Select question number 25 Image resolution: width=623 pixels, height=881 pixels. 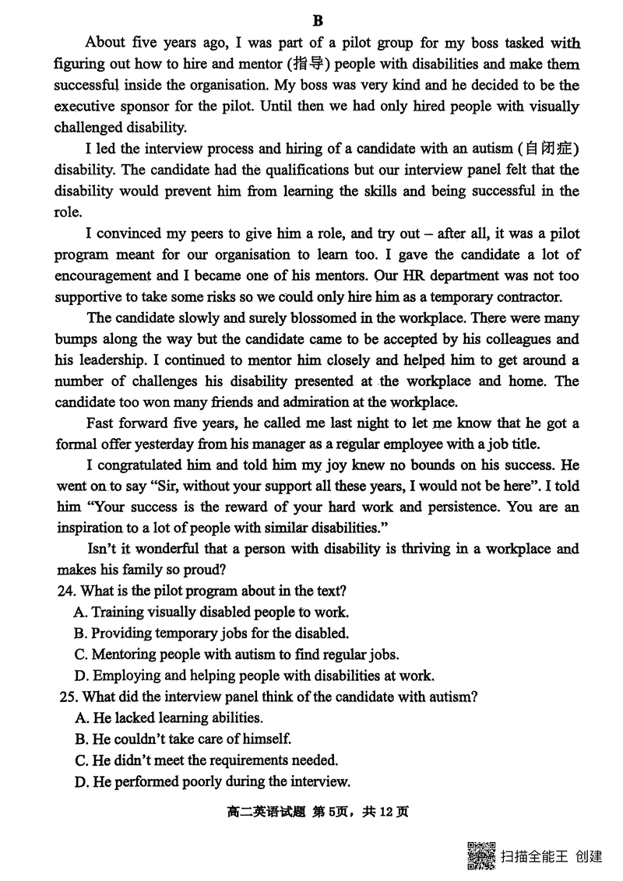[69, 697]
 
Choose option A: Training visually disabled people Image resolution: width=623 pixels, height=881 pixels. [211, 612]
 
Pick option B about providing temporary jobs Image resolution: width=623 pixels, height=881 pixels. [211, 634]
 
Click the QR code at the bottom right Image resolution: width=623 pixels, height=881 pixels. [480, 855]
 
